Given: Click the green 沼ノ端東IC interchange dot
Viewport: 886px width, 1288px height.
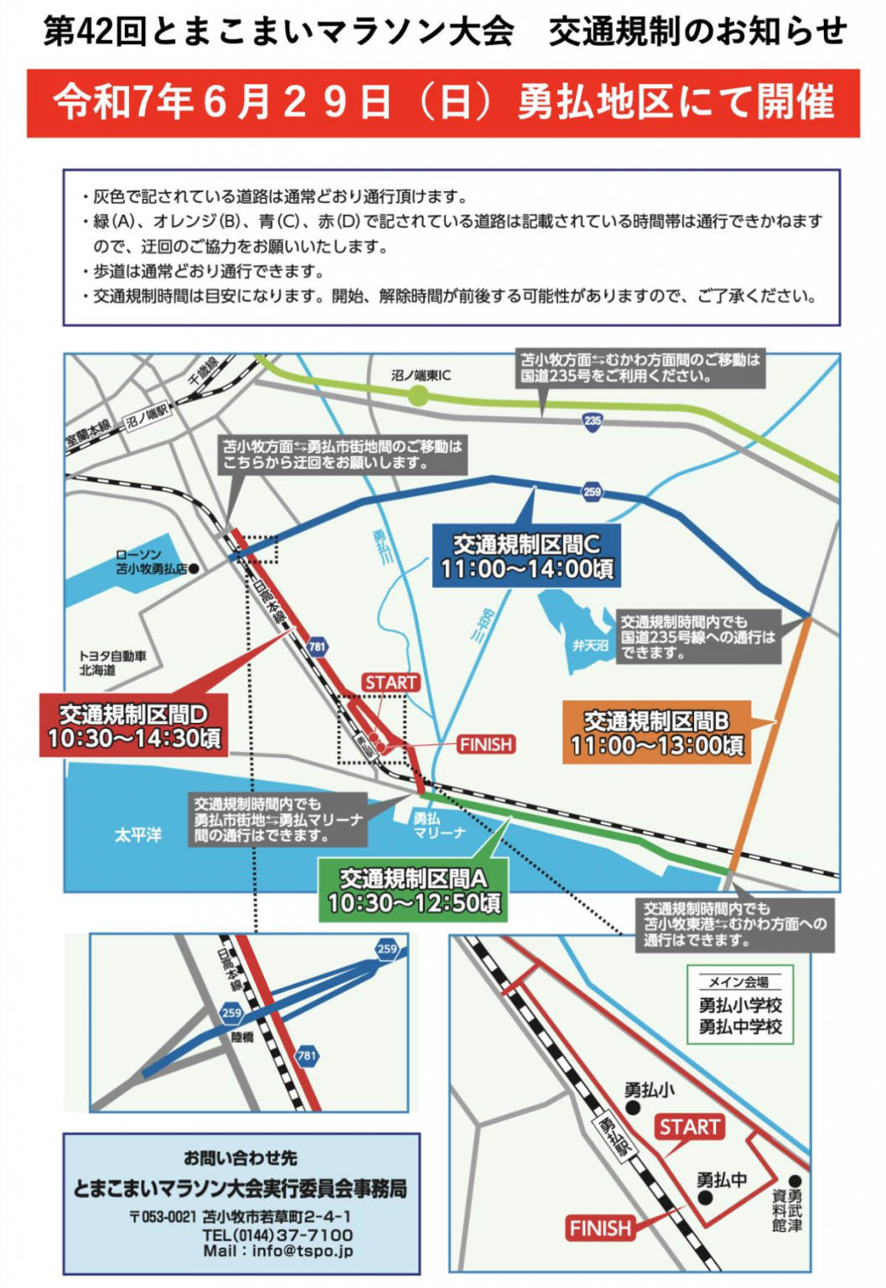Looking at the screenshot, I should coord(417,396).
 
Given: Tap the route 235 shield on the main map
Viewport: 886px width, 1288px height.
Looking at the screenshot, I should coord(593,421).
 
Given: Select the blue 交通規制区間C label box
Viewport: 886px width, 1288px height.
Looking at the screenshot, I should coord(527,556).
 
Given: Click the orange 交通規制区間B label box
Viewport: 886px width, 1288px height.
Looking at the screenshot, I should coord(656,732).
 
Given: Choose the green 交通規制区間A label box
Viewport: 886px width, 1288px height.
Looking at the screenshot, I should coord(414,890).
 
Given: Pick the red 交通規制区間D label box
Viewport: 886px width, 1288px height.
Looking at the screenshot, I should coord(134,726).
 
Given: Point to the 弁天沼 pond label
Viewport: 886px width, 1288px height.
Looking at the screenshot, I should coord(590,646).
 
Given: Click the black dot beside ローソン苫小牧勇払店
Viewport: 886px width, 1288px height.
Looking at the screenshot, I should coord(194,569).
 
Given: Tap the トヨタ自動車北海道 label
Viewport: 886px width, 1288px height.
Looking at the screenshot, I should coord(111,662).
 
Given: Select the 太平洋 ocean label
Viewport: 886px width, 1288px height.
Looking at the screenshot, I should coord(138,835).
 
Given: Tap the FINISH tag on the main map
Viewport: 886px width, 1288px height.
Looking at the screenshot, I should coord(485,745).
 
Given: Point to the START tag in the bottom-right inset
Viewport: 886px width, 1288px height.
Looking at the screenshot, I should coord(689,1127).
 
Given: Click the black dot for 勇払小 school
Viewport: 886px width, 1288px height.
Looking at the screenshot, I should coord(634,1108).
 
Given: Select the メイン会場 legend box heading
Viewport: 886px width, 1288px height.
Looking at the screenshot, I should coord(738,982).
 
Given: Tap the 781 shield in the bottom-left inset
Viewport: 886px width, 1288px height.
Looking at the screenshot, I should coord(307,1055).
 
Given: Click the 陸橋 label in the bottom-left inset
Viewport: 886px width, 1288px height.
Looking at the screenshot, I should coord(242,1037).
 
